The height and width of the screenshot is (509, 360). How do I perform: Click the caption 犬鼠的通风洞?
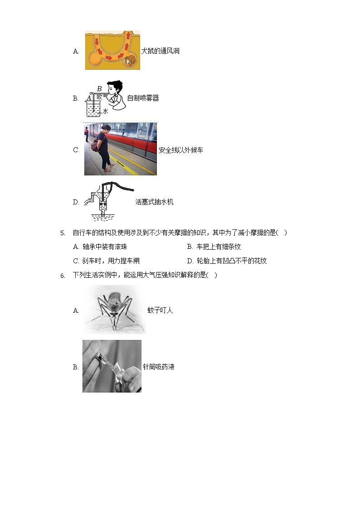(160, 51)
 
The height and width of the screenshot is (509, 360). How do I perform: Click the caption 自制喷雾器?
(143, 98)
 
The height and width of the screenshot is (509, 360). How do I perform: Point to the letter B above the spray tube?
(99, 89)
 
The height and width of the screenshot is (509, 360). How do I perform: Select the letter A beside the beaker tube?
(88, 98)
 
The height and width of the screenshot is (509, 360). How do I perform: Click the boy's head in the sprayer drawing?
(115, 87)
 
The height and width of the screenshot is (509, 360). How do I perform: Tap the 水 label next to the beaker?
(105, 111)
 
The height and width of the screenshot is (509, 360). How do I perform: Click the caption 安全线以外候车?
(180, 150)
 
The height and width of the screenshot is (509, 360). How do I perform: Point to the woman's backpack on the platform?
(95, 145)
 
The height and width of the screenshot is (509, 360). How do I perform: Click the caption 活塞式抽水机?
(154, 202)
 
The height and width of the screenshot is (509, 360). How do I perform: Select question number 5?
(63, 233)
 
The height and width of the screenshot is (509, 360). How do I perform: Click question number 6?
(63, 276)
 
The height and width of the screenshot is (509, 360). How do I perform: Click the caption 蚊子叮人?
(160, 310)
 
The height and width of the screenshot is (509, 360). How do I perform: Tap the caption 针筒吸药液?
(158, 367)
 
